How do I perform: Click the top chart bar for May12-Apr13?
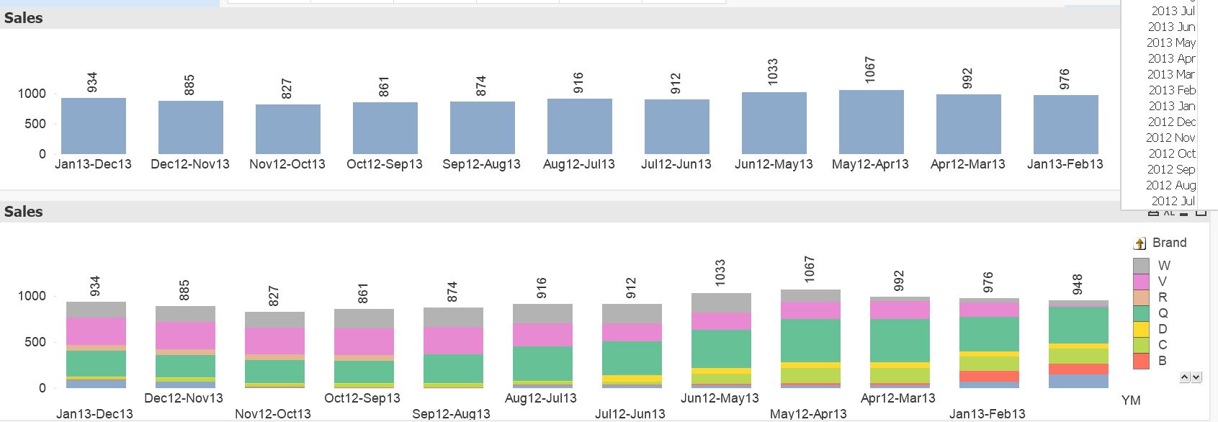[x=871, y=122]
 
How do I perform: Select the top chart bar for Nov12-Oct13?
[x=287, y=129]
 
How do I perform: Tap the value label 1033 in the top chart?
[x=773, y=72]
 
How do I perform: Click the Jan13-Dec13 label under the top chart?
[x=93, y=164]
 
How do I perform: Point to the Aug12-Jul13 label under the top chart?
[x=579, y=164]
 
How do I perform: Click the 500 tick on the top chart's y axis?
[x=35, y=124]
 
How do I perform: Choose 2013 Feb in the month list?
[x=1171, y=90]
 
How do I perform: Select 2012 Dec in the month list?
[x=1171, y=122]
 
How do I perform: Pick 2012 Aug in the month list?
[x=1171, y=185]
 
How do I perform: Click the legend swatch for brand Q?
[x=1141, y=313]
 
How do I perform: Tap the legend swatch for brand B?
[x=1141, y=361]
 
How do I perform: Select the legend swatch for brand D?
[x=1141, y=329]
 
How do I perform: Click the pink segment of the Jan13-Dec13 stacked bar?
[x=96, y=331]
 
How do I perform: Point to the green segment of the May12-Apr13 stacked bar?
[x=810, y=340]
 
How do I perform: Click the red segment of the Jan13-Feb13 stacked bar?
[x=989, y=377]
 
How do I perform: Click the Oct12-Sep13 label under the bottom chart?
[x=362, y=398]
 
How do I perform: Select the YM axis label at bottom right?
[x=1131, y=400]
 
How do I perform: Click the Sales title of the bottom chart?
[x=24, y=212]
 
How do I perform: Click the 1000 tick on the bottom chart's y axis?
[x=32, y=296]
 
